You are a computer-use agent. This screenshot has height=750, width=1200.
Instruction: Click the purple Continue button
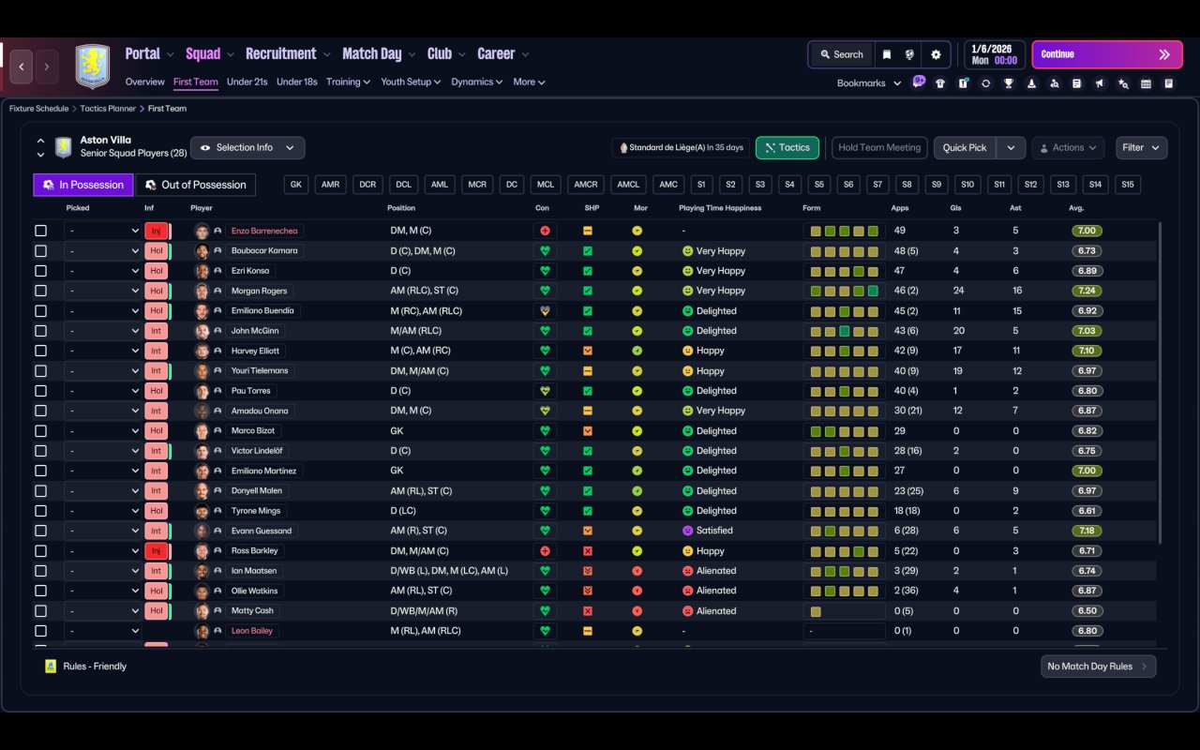1107,54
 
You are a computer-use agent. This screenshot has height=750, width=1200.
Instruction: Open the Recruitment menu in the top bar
280,54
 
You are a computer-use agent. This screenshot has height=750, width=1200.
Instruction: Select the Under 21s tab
247,82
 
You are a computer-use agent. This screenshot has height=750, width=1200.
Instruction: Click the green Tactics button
787,148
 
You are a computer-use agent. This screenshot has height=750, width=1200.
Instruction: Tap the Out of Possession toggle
196,185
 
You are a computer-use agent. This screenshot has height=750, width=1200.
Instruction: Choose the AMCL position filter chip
628,185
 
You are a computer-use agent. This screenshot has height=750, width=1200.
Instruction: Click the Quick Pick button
965,148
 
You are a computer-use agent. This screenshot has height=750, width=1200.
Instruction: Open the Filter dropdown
1141,148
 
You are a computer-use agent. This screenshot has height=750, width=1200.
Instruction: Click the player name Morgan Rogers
260,291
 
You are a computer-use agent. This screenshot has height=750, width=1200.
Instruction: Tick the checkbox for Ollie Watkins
40,591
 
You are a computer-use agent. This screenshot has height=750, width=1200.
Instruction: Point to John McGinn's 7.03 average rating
1087,331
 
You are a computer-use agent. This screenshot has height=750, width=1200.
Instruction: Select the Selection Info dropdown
247,148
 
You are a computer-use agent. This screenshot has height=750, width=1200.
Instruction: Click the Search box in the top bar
842,54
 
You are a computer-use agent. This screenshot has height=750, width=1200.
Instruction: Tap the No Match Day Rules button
1098,667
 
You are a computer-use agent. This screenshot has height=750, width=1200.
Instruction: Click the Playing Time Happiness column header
720,208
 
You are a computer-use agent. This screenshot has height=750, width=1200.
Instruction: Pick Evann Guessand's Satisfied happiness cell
708,531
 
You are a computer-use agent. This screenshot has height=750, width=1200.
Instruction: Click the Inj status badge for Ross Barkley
156,550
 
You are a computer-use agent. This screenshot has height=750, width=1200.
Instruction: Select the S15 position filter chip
1128,185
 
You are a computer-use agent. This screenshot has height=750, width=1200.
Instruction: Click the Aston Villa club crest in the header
93,66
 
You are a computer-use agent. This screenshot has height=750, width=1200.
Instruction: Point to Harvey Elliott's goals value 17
957,351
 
